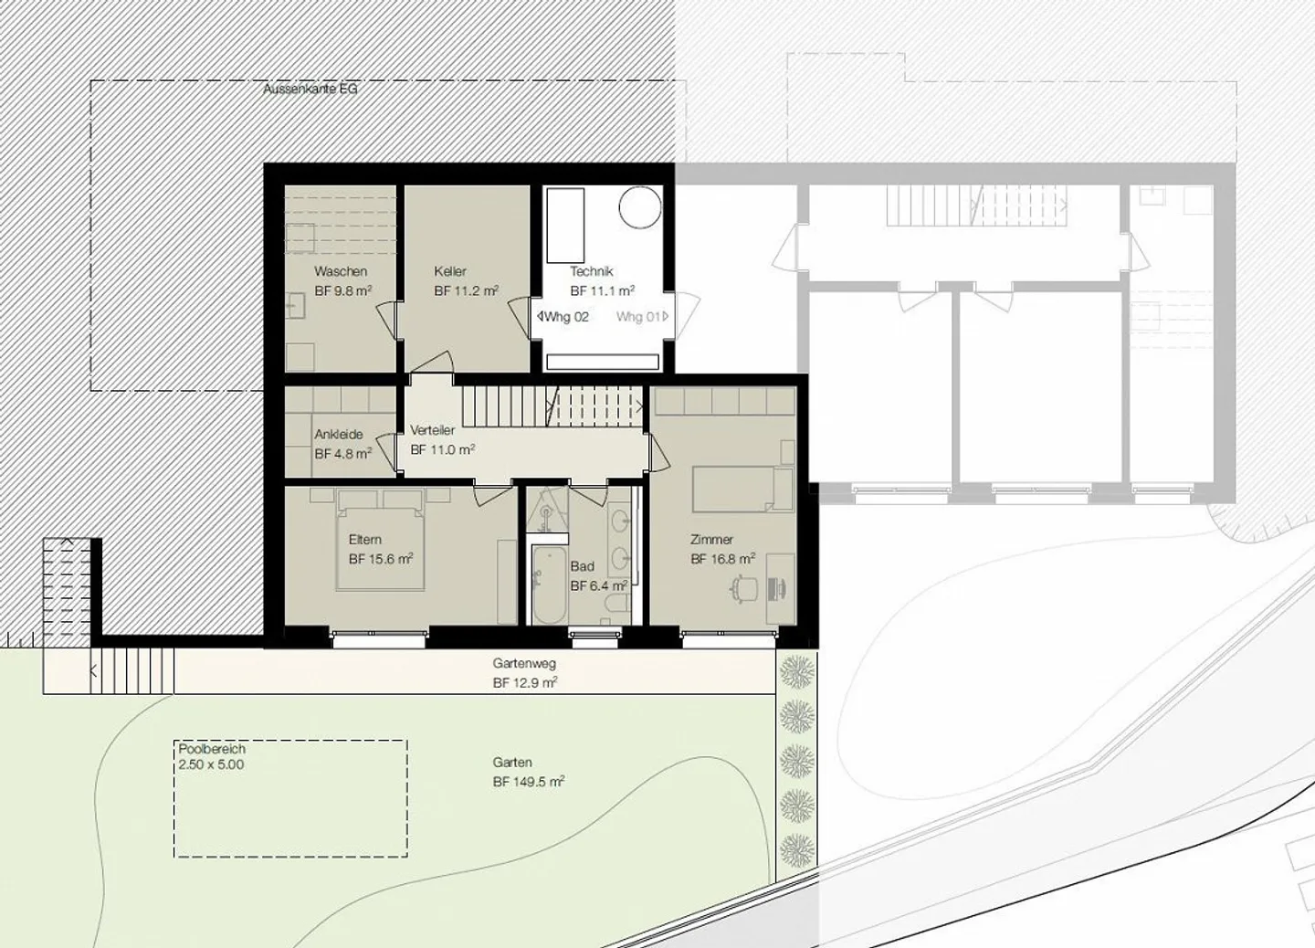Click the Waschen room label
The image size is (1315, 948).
pyautogui.click(x=341, y=271)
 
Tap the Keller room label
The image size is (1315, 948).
pyautogui.click(x=450, y=271)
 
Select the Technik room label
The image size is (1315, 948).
pyautogui.click(x=591, y=271)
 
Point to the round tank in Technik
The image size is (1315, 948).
pyautogui.click(x=640, y=207)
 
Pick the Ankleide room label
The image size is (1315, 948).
pyautogui.click(x=339, y=435)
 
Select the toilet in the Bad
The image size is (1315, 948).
pyautogui.click(x=617, y=606)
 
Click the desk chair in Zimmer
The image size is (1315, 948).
pyautogui.click(x=744, y=587)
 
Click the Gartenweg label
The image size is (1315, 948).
pyautogui.click(x=524, y=664)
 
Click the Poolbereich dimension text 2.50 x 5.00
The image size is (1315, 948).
pyautogui.click(x=211, y=764)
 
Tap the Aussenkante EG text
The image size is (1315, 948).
pyautogui.click(x=310, y=90)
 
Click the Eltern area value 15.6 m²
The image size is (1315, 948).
pyautogui.click(x=381, y=559)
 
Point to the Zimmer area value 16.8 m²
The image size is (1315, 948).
pyautogui.click(x=722, y=559)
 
